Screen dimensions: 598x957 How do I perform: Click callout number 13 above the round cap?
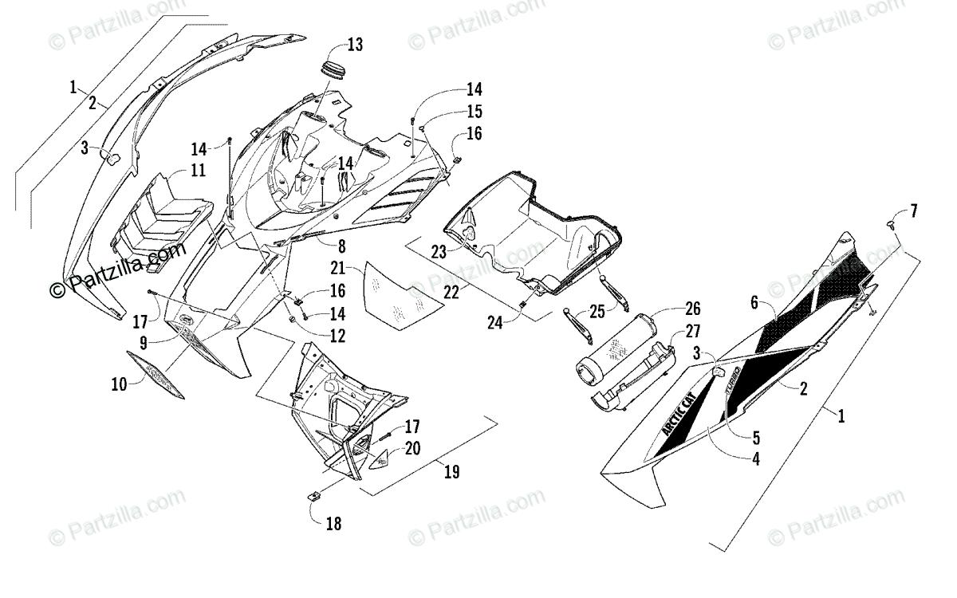(x=354, y=45)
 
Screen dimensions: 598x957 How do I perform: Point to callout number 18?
(x=333, y=524)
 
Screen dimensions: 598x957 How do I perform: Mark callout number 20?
(x=412, y=449)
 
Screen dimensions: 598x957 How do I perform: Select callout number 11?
(x=197, y=170)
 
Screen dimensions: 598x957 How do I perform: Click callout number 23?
(x=438, y=253)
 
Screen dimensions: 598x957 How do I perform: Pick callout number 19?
(x=451, y=472)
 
